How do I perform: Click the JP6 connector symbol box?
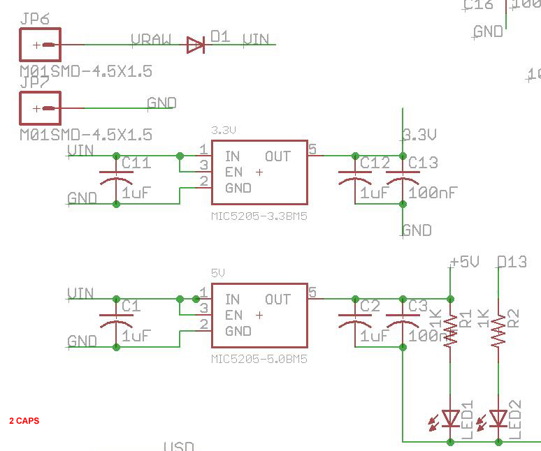coord(40,45)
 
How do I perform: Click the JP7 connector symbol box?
coord(40,109)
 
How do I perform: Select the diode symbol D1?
coord(195,46)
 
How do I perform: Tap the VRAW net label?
coord(150,40)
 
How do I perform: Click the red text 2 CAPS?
coord(24,421)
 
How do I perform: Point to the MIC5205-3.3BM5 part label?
coord(259,216)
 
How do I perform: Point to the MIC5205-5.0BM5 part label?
coord(259,360)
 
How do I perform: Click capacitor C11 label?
coord(136,163)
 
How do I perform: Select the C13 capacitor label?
coord(423,163)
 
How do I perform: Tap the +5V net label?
coord(464,262)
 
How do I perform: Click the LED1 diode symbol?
coord(451,417)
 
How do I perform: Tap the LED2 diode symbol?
coord(498,417)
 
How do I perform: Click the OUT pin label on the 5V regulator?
coord(277,300)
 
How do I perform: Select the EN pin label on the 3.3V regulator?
coord(233,172)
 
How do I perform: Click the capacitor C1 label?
coord(131,306)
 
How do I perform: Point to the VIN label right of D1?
coord(255,40)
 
